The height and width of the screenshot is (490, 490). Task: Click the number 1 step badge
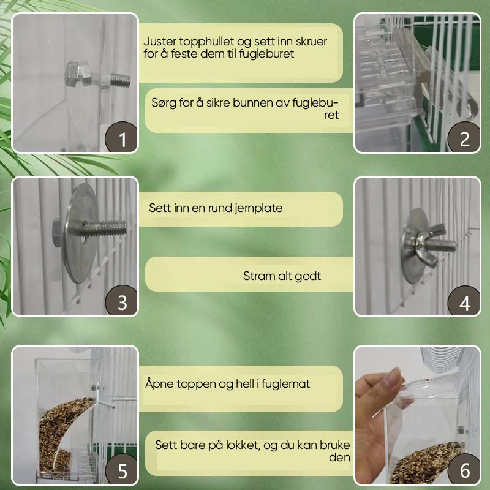point(121,137)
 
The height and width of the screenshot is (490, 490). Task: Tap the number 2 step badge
point(464,137)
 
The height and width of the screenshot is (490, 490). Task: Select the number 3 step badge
point(121,301)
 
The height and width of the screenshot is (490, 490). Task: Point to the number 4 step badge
point(464,301)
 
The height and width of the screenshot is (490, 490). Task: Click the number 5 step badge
point(121,469)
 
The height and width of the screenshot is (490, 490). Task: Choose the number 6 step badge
point(464,469)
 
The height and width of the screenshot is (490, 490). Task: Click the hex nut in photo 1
point(77,73)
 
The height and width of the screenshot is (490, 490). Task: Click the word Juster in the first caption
point(160,42)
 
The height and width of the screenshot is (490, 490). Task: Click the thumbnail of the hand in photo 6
point(391,376)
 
